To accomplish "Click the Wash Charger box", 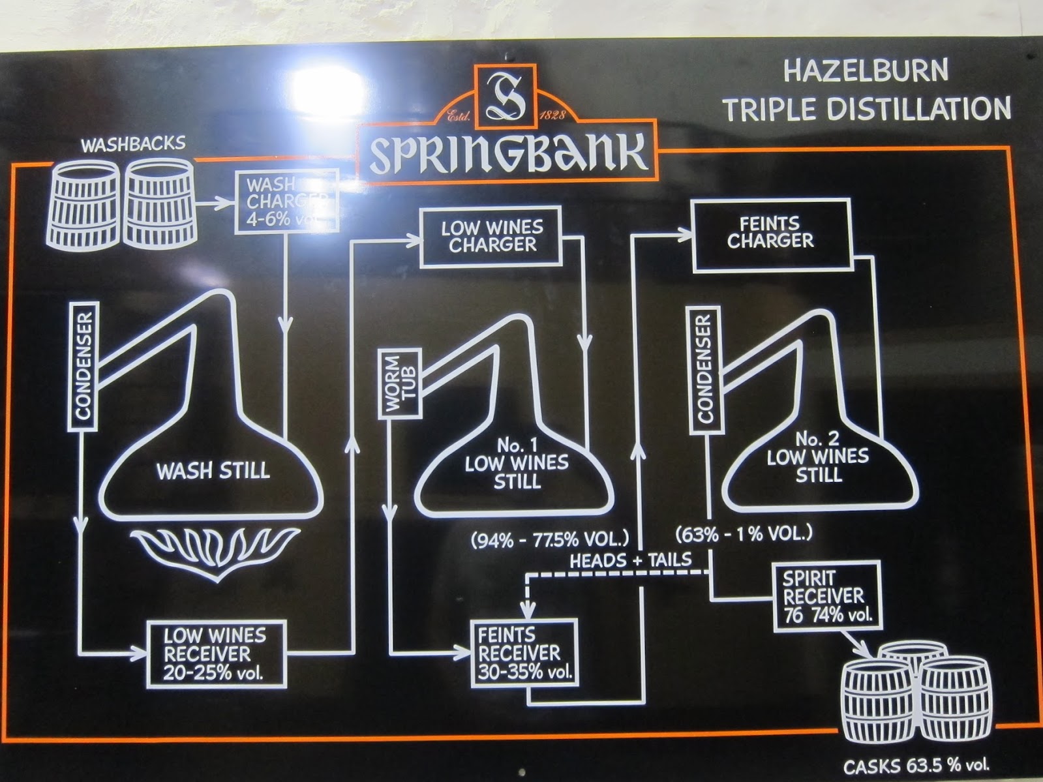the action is pos(286,202).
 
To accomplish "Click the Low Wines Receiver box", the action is pos(216,654).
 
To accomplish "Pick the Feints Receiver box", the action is pos(524,654).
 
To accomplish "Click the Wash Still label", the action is pos(213,470).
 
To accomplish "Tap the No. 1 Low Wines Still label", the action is pos(517,464).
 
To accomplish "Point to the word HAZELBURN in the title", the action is pos(866,71).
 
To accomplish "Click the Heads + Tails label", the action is pos(631,560).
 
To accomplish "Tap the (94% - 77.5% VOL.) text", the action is pos(549,539).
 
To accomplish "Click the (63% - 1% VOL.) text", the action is pos(744,534).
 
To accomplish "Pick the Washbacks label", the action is pos(133,143).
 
